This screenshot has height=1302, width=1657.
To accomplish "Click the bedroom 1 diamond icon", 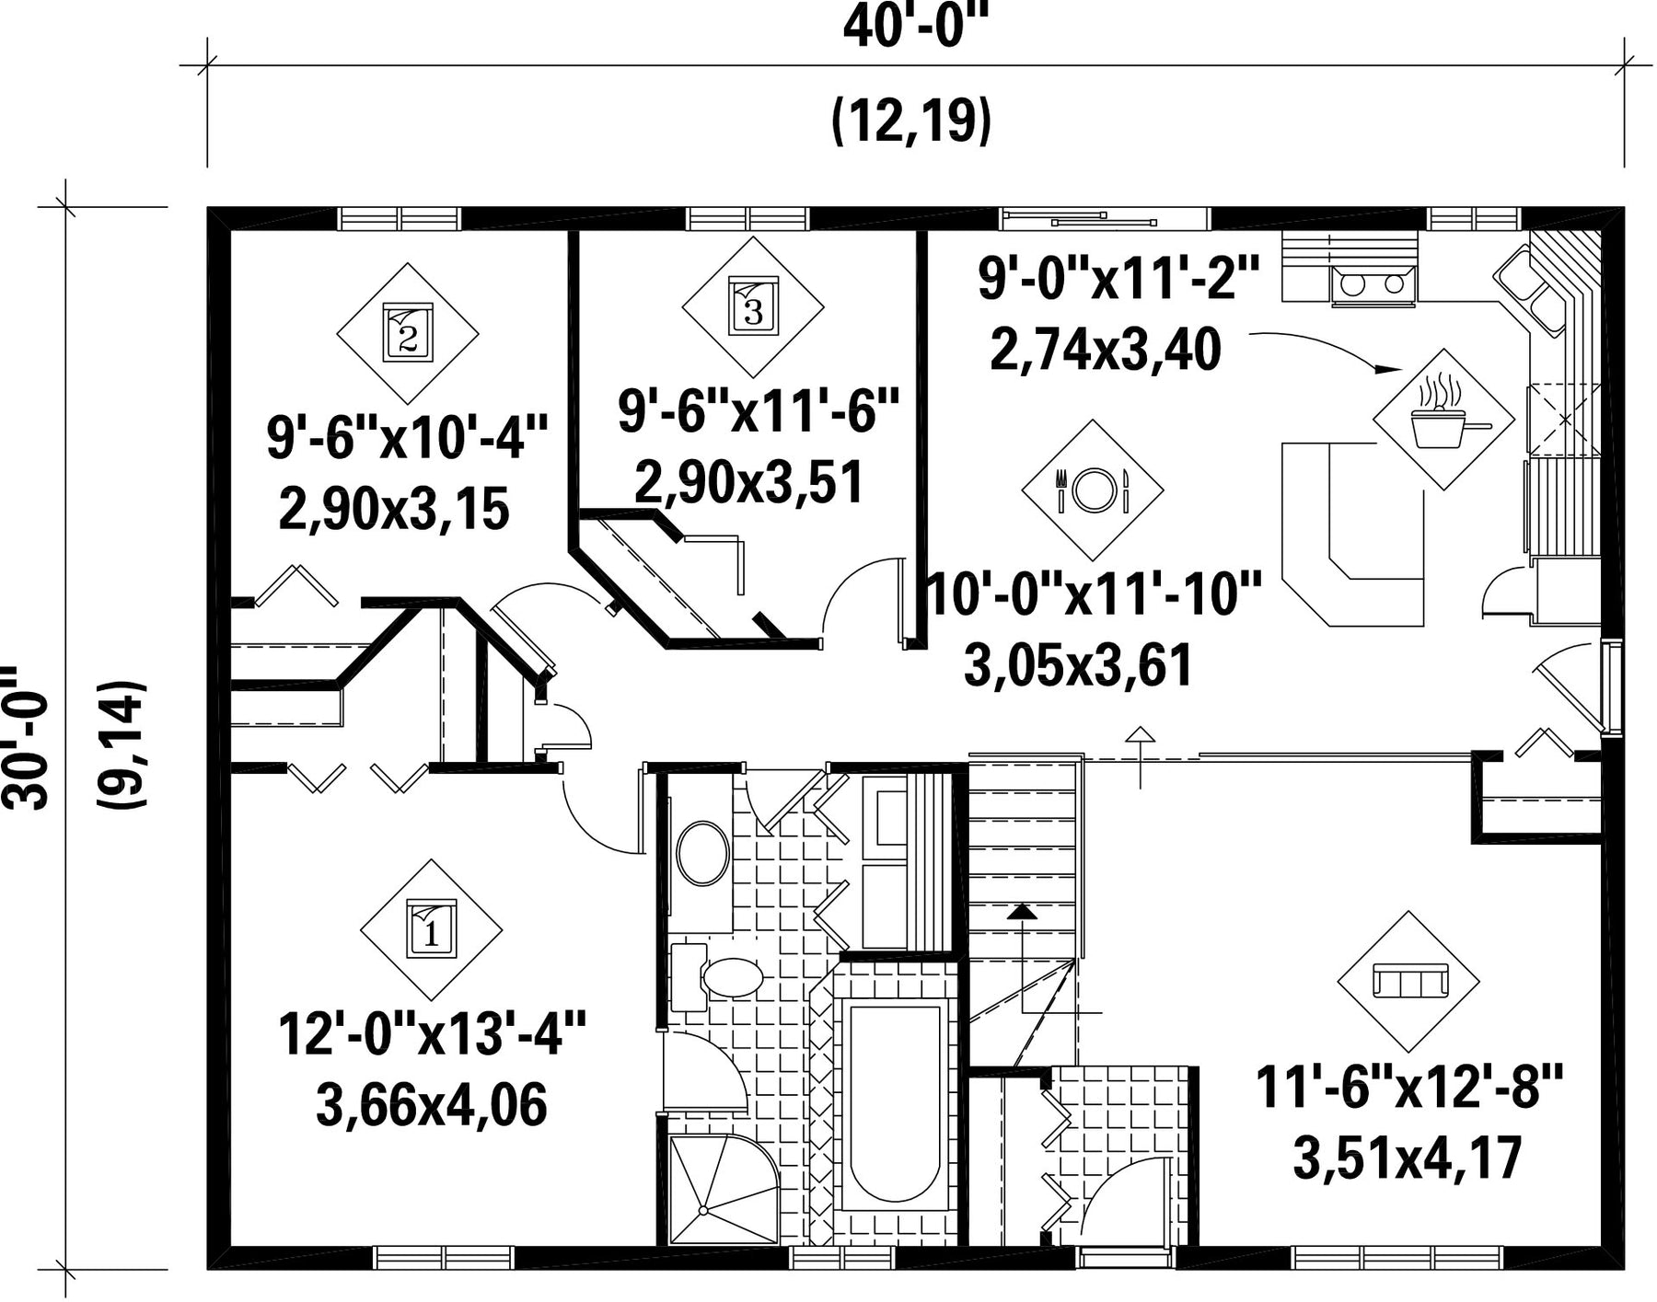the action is pyautogui.click(x=431, y=930).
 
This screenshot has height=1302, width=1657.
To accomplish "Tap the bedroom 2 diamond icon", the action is pyautogui.click(x=408, y=334).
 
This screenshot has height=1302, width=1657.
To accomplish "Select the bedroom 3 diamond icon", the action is pyautogui.click(x=753, y=307).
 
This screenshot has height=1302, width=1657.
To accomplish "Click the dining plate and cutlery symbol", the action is pyautogui.click(x=1092, y=490).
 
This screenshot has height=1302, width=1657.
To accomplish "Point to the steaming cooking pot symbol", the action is pyautogui.click(x=1443, y=419).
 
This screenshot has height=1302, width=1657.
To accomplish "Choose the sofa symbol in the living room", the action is pyautogui.click(x=1408, y=982).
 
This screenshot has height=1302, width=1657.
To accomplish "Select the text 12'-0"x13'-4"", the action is pyautogui.click(x=433, y=1034).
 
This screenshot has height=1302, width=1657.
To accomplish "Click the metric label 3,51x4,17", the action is pyautogui.click(x=1408, y=1158).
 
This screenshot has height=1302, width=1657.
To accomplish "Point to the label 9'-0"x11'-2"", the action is pyautogui.click(x=1118, y=278).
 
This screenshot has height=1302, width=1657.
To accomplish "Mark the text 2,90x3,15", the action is pyautogui.click(x=394, y=510).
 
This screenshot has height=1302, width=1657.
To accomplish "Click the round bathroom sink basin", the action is pyautogui.click(x=703, y=853).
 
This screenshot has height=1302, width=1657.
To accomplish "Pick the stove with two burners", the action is pyautogui.click(x=1372, y=282).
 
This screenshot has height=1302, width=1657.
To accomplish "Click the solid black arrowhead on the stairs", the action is pyautogui.click(x=1020, y=912).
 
